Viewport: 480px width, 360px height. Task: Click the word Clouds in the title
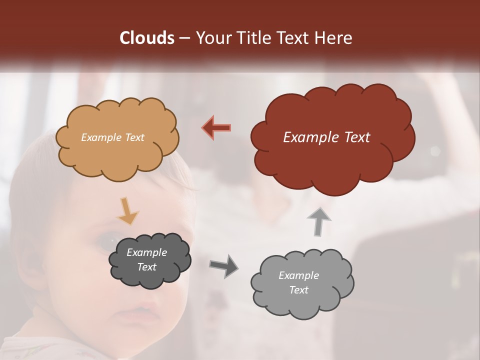[147, 38]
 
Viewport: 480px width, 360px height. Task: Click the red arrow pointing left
[216, 128]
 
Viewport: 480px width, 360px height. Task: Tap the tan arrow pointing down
[127, 211]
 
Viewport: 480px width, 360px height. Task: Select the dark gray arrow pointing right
[223, 265]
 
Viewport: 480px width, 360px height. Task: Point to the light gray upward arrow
[319, 221]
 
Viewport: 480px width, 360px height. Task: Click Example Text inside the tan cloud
[112, 137]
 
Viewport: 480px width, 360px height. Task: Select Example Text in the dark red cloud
[326, 137]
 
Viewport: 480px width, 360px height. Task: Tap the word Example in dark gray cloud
[146, 252]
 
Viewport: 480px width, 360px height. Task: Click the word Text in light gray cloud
[298, 290]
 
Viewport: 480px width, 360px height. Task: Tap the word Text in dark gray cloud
[146, 267]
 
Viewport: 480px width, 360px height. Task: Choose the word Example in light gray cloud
[298, 275]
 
